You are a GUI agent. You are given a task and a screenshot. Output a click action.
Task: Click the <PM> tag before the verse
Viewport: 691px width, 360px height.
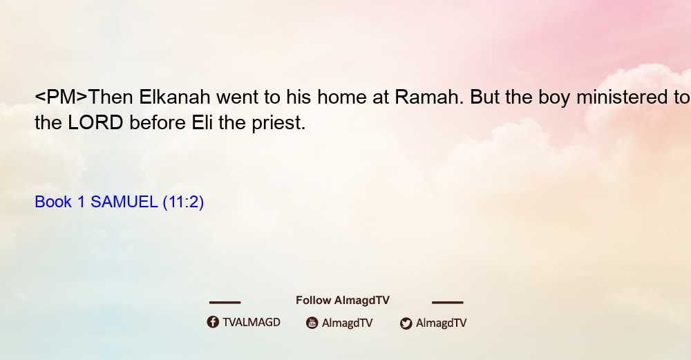point(61,97)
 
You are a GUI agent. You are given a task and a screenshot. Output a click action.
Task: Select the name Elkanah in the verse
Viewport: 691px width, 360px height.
point(175,97)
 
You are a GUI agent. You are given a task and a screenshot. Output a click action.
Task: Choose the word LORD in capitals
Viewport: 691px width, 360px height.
point(95,122)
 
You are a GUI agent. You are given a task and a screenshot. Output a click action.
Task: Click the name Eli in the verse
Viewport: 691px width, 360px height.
point(202,122)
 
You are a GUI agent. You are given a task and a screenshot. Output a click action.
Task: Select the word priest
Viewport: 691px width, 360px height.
point(278,124)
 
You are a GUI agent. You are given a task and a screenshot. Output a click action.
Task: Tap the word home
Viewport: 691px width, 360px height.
point(342,97)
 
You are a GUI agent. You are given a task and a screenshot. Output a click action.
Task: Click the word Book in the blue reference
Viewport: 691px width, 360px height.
point(53,202)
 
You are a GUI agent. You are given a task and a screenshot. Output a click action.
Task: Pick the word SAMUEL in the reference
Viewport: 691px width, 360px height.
point(124,202)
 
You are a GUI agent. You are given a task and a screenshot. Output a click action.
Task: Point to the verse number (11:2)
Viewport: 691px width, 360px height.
point(183,202)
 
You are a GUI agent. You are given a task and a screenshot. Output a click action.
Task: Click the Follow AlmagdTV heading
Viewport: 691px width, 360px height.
point(343,301)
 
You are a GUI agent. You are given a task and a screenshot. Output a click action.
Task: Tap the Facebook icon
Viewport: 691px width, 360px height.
point(213,322)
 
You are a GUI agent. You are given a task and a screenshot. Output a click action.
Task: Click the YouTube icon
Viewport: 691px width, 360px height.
point(312,323)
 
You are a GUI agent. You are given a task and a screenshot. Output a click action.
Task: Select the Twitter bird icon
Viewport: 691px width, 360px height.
point(406,323)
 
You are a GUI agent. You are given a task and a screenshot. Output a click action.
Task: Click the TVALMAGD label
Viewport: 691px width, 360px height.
point(252,323)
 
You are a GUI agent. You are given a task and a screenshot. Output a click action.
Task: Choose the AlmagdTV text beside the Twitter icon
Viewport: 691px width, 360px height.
point(441,323)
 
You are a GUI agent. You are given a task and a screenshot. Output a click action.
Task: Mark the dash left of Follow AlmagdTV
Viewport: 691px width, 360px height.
point(225,302)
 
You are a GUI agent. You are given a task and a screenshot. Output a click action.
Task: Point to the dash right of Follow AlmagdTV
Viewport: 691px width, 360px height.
point(448,302)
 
